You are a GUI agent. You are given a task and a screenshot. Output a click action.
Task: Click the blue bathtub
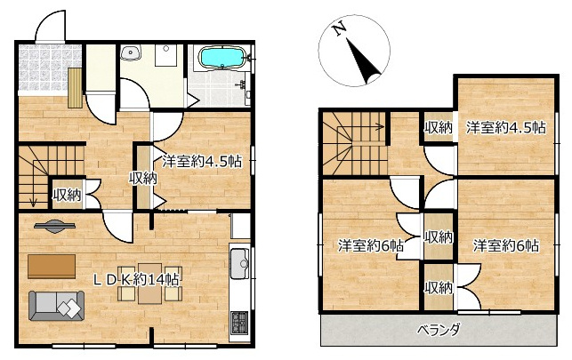pos(221,57)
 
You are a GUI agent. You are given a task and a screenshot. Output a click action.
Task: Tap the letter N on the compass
pos(340,28)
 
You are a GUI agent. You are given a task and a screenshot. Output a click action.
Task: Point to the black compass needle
pos(363,61)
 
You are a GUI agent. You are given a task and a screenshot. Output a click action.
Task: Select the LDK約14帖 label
pos(136,280)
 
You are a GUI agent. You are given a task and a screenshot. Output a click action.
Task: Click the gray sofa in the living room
pos(56,306)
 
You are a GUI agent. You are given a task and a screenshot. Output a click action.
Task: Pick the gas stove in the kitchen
pos(239,324)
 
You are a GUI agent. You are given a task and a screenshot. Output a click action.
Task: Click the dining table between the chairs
pos(150,284)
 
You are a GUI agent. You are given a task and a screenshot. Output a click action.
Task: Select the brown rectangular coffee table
pos(52,267)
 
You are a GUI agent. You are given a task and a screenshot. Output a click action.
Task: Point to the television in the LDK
pos(55,226)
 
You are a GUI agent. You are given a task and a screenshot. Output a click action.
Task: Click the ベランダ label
pos(439,331)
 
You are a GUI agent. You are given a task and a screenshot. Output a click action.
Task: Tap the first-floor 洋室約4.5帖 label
pos(202,161)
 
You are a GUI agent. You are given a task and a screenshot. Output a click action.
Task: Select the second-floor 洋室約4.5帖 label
pos(505,128)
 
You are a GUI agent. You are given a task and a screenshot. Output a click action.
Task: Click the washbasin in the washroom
pos(131,52)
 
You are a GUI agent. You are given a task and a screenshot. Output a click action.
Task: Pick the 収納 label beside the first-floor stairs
pos(67,196)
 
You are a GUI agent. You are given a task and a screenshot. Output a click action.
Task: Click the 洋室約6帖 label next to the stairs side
pos(370,245)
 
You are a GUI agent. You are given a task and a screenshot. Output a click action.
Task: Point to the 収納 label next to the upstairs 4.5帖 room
pos(439,127)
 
